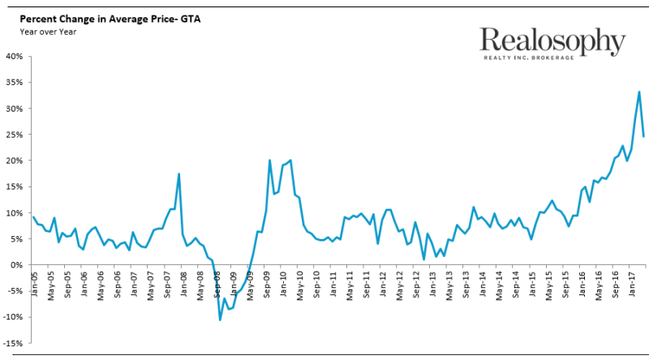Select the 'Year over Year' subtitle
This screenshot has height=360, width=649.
43,30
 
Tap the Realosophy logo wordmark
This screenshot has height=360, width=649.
552,41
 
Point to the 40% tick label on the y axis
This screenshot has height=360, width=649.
15,57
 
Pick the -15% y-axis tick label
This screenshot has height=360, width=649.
15,343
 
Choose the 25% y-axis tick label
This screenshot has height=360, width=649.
15,135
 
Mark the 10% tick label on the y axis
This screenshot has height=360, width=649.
15,212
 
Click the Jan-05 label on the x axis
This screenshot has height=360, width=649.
33,281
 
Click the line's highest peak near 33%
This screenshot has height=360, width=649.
639,92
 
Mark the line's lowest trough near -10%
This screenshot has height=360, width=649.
220,319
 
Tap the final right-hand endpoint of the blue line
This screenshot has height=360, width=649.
644,136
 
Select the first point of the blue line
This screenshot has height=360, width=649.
32,216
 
